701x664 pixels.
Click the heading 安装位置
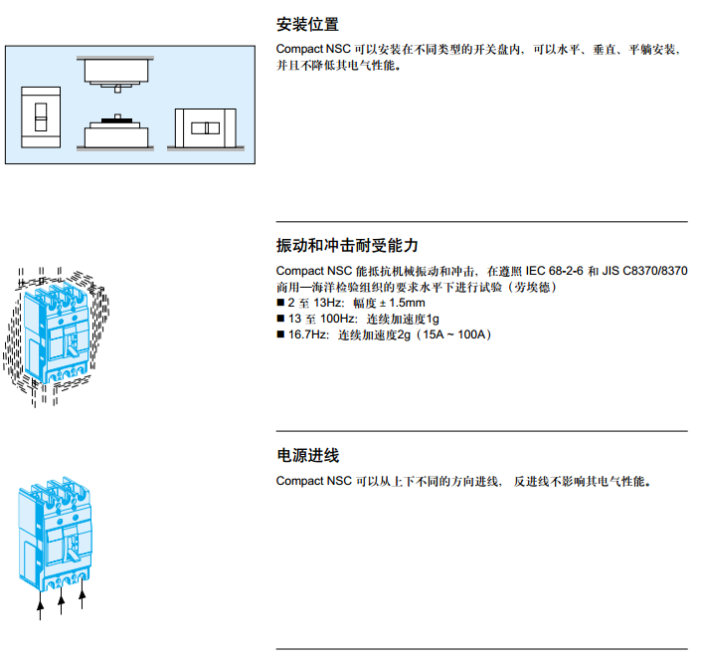click(307, 25)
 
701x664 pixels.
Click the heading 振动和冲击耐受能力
click(347, 246)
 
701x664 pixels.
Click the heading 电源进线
click(307, 456)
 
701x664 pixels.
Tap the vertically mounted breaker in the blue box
click(42, 116)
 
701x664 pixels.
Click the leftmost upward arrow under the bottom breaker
click(41, 608)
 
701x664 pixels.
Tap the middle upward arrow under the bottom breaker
click(62, 603)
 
